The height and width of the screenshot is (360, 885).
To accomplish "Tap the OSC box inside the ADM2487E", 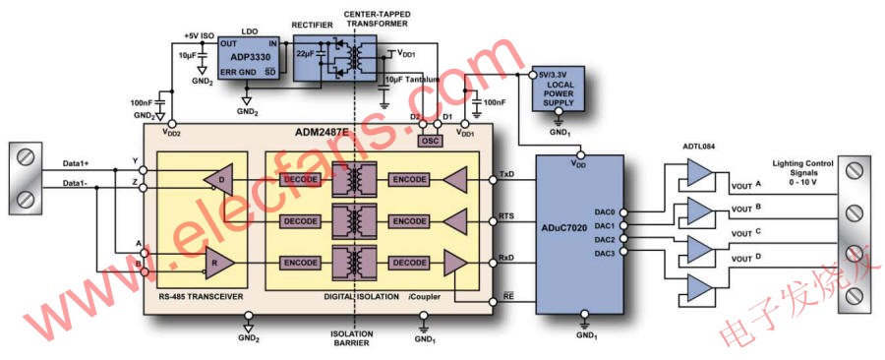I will [x=430, y=141].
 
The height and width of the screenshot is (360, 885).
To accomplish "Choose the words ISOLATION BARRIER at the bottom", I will [x=351, y=339].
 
